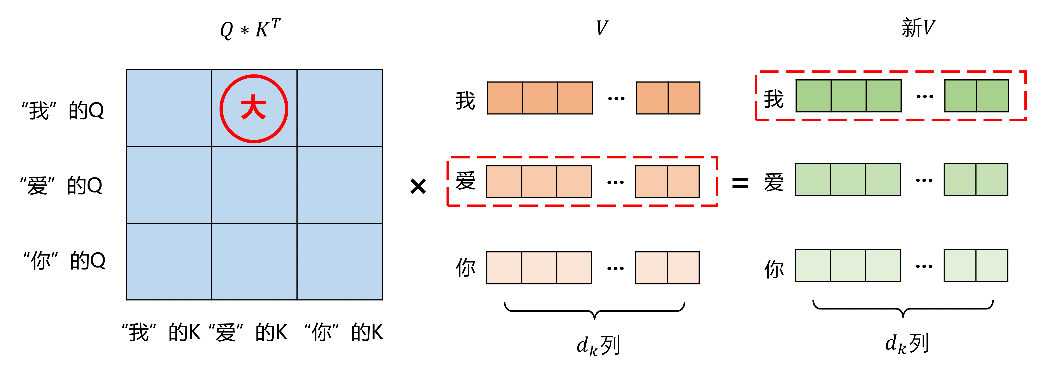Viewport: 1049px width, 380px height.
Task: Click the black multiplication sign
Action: pyautogui.click(x=418, y=186)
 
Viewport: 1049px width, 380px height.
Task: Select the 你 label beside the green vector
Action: pyautogui.click(x=774, y=269)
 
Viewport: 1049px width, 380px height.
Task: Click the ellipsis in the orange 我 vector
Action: pyautogui.click(x=616, y=99)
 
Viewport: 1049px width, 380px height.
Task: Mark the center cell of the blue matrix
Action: pyautogui.click(x=254, y=185)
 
